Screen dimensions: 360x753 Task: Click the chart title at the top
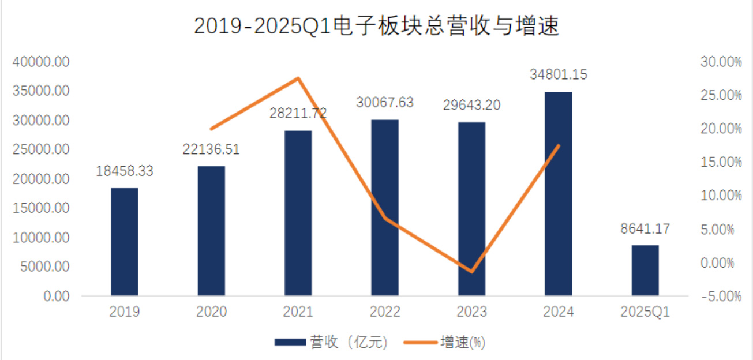[376, 27]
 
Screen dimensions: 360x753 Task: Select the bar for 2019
[125, 242]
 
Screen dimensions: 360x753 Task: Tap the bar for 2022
[385, 208]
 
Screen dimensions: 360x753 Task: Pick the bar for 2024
[559, 194]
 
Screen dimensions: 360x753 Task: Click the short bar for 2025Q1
[645, 271]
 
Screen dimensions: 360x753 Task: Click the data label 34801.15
[558, 74]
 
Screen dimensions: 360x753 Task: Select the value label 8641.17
[645, 228]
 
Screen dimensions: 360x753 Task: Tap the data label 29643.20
[471, 106]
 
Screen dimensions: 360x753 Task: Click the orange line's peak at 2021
[298, 78]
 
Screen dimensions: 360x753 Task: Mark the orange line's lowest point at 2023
[472, 271]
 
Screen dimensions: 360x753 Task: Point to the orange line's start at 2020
[212, 129]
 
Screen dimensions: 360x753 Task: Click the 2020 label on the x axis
[211, 312]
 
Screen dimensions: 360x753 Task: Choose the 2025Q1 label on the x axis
[645, 312]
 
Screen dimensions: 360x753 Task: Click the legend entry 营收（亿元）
[332, 342]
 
